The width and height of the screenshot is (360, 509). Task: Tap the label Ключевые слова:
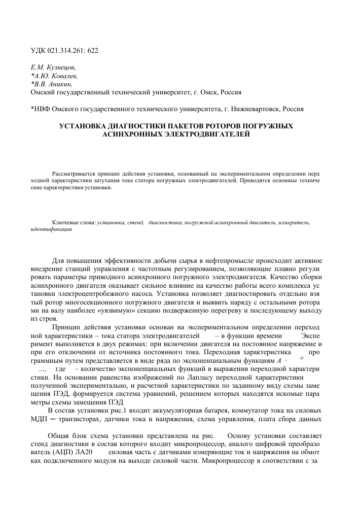[74, 223]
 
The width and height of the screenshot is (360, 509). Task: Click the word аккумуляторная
[173, 411]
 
